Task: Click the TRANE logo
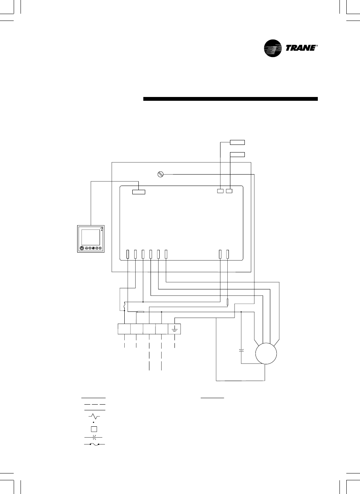[290, 49]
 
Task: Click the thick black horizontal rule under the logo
[230, 99]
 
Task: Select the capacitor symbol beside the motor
[241, 349]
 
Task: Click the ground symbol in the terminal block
[174, 329]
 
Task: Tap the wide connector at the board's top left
[138, 191]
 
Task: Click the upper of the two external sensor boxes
[237, 143]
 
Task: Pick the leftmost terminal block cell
[124, 329]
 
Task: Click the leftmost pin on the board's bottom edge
[128, 254]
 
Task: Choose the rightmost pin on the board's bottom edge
[227, 254]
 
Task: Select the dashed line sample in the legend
[93, 404]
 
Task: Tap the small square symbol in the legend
[93, 429]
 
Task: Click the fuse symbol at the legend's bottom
[93, 445]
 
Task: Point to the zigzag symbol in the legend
[93, 417]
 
